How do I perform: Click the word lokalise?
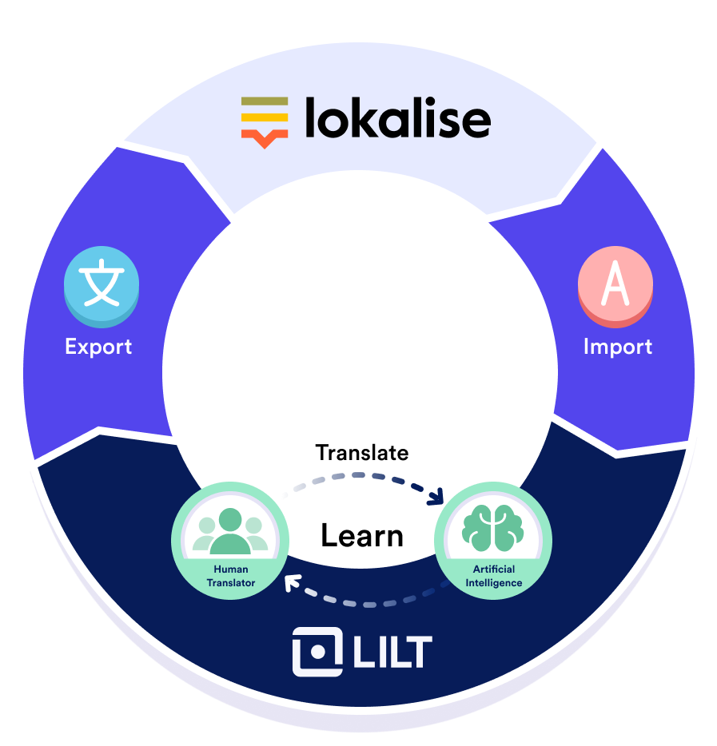[397, 119]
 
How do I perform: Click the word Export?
[98, 347]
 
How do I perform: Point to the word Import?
[617, 347]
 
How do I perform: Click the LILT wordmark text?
[392, 652]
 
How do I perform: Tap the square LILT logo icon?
[317, 652]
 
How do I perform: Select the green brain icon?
[493, 528]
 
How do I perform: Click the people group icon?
[231, 530]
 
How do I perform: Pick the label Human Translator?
[230, 576]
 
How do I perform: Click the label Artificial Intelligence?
[493, 576]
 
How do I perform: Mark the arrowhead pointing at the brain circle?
[436, 498]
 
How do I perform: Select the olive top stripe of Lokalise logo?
[265, 102]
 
